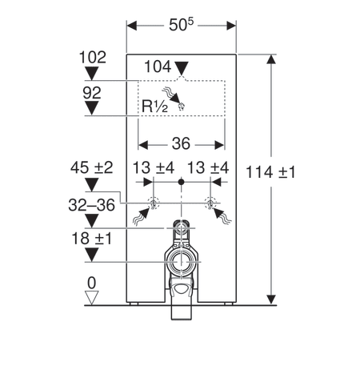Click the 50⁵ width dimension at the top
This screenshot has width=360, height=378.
[x=182, y=25]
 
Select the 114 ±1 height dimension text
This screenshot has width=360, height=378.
[x=270, y=172]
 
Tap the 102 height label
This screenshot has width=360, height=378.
[x=93, y=57]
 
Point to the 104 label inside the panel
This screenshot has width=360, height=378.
[x=158, y=66]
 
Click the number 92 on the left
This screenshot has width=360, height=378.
[x=92, y=93]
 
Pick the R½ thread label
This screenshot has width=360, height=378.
[x=155, y=106]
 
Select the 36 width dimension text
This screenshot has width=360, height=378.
[x=181, y=143]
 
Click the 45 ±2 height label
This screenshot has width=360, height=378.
[x=92, y=167]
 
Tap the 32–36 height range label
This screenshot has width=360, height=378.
[x=92, y=205]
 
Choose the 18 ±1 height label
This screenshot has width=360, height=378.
[x=92, y=239]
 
